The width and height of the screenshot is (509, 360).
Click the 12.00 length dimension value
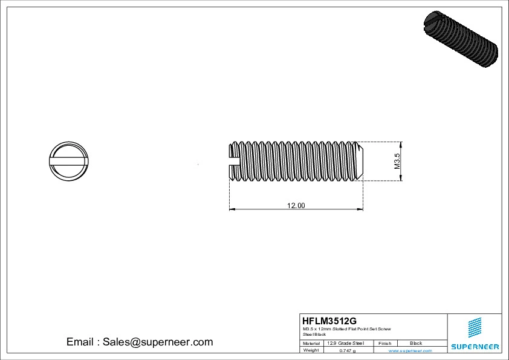pyautogui.click(x=296, y=206)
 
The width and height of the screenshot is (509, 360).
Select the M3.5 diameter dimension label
pyautogui.click(x=397, y=162)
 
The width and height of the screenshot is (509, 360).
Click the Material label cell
pyautogui.click(x=311, y=343)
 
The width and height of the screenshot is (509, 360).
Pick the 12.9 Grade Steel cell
pyautogui.click(x=345, y=343)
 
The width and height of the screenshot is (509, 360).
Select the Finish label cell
pyautogui.click(x=385, y=343)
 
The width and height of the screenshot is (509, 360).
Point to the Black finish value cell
pyautogui.click(x=416, y=343)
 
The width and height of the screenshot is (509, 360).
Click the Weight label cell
pyautogui.click(x=311, y=350)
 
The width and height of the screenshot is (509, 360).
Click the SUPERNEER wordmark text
pyautogui.click(x=475, y=347)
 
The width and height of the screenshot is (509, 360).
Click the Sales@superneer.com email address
pyautogui.click(x=158, y=342)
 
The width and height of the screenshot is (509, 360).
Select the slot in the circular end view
pyautogui.click(x=68, y=161)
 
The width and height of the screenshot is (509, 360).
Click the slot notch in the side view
pyautogui.click(x=234, y=161)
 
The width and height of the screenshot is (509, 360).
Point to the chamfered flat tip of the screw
pyautogui.click(x=361, y=161)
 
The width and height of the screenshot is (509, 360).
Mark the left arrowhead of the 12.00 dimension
pyautogui.click(x=232, y=210)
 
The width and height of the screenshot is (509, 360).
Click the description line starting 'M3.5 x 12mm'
pyautogui.click(x=346, y=329)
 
